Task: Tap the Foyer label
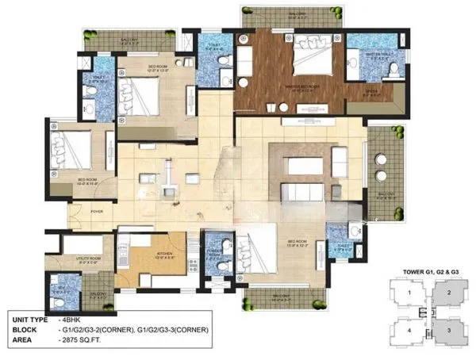pyautogui.click(x=97, y=212)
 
